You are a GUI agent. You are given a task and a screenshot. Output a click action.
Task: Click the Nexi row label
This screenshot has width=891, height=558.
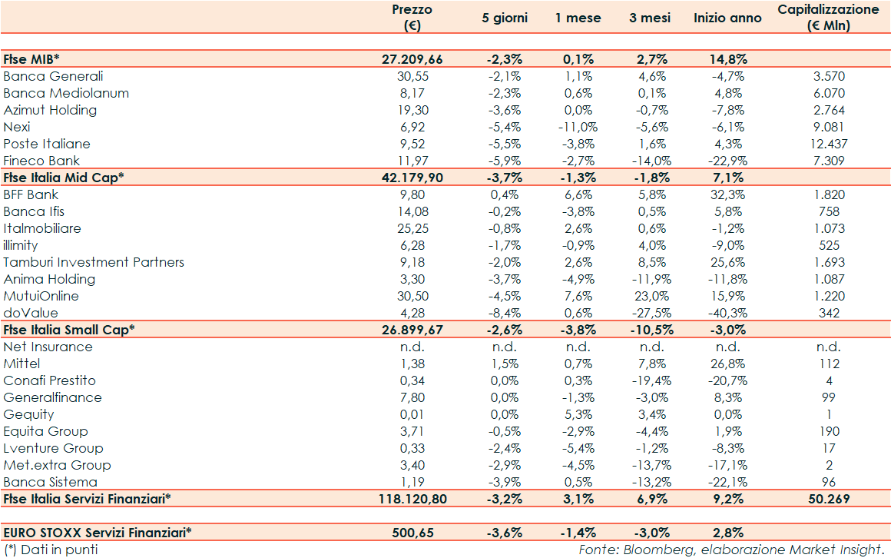17,127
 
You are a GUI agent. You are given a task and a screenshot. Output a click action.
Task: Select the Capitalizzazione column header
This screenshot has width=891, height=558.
827,17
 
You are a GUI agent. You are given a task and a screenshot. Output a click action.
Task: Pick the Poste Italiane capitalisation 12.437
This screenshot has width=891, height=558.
827,144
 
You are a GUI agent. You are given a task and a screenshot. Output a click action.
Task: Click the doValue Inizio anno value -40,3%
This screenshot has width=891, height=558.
726,313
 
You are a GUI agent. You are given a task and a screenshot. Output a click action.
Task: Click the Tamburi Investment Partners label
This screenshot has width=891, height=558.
94,262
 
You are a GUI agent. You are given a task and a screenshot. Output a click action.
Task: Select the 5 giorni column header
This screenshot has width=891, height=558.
505,18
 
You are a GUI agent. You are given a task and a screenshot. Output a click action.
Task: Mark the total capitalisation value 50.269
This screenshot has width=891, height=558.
827,499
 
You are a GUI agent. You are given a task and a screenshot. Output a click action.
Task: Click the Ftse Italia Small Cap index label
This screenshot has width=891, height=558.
69,330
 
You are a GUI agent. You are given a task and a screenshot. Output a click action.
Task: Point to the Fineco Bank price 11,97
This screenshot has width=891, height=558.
422,161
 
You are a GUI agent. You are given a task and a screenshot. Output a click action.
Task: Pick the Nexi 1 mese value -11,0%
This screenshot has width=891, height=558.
577,127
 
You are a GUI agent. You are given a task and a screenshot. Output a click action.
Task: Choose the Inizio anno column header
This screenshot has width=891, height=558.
727,18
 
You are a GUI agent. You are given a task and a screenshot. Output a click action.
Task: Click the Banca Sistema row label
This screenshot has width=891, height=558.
50,482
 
